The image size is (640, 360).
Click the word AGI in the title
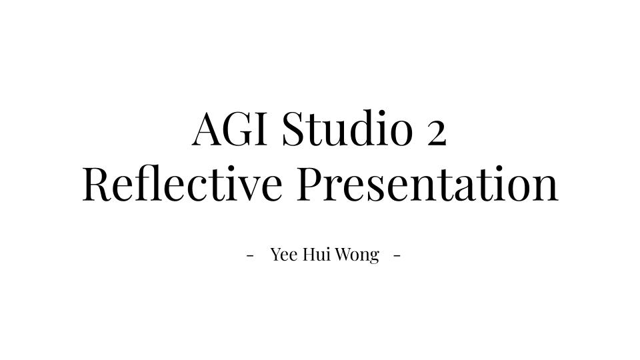pos(229,128)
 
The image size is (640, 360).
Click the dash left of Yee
pos(251,256)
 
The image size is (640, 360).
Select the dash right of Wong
pos(397,256)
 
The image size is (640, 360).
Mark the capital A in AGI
pos(208,128)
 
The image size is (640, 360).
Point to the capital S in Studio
pos(295,128)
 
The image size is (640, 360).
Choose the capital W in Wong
pos(344,255)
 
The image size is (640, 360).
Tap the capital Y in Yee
pos(276,255)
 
